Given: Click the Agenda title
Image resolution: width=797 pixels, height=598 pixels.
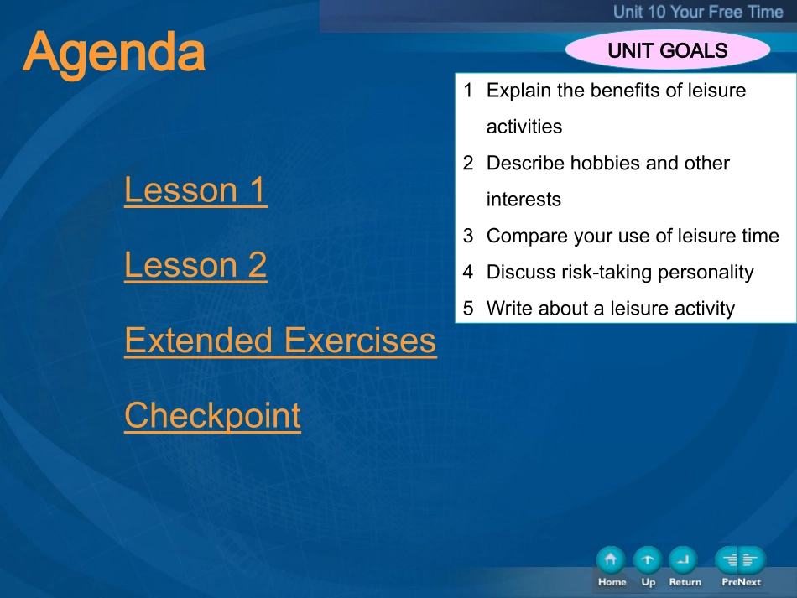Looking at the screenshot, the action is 114,54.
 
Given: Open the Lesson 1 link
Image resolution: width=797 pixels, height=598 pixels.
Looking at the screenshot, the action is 195,190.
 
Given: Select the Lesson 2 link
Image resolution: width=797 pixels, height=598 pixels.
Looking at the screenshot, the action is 195,265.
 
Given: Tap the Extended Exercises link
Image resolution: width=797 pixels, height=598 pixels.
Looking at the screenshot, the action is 280,341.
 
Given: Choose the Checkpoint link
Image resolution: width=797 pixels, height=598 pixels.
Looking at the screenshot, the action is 212,416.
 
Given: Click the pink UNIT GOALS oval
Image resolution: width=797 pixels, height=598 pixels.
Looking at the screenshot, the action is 668,50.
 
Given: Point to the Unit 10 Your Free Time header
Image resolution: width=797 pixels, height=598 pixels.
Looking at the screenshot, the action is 698,12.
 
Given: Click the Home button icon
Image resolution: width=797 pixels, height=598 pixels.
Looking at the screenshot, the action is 611,560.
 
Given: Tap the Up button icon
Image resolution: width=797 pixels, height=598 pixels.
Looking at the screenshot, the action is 648,560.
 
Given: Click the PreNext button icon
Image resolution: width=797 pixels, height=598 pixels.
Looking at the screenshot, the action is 741,560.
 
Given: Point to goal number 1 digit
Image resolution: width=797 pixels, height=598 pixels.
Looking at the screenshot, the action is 468,91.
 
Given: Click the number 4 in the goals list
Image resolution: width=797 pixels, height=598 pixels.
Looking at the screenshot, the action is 468,272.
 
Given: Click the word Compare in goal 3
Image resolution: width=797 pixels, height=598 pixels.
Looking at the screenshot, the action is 527,237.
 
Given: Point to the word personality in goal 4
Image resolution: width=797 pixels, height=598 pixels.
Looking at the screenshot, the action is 706,273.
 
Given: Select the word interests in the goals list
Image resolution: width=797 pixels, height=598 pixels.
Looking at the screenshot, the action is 524,200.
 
